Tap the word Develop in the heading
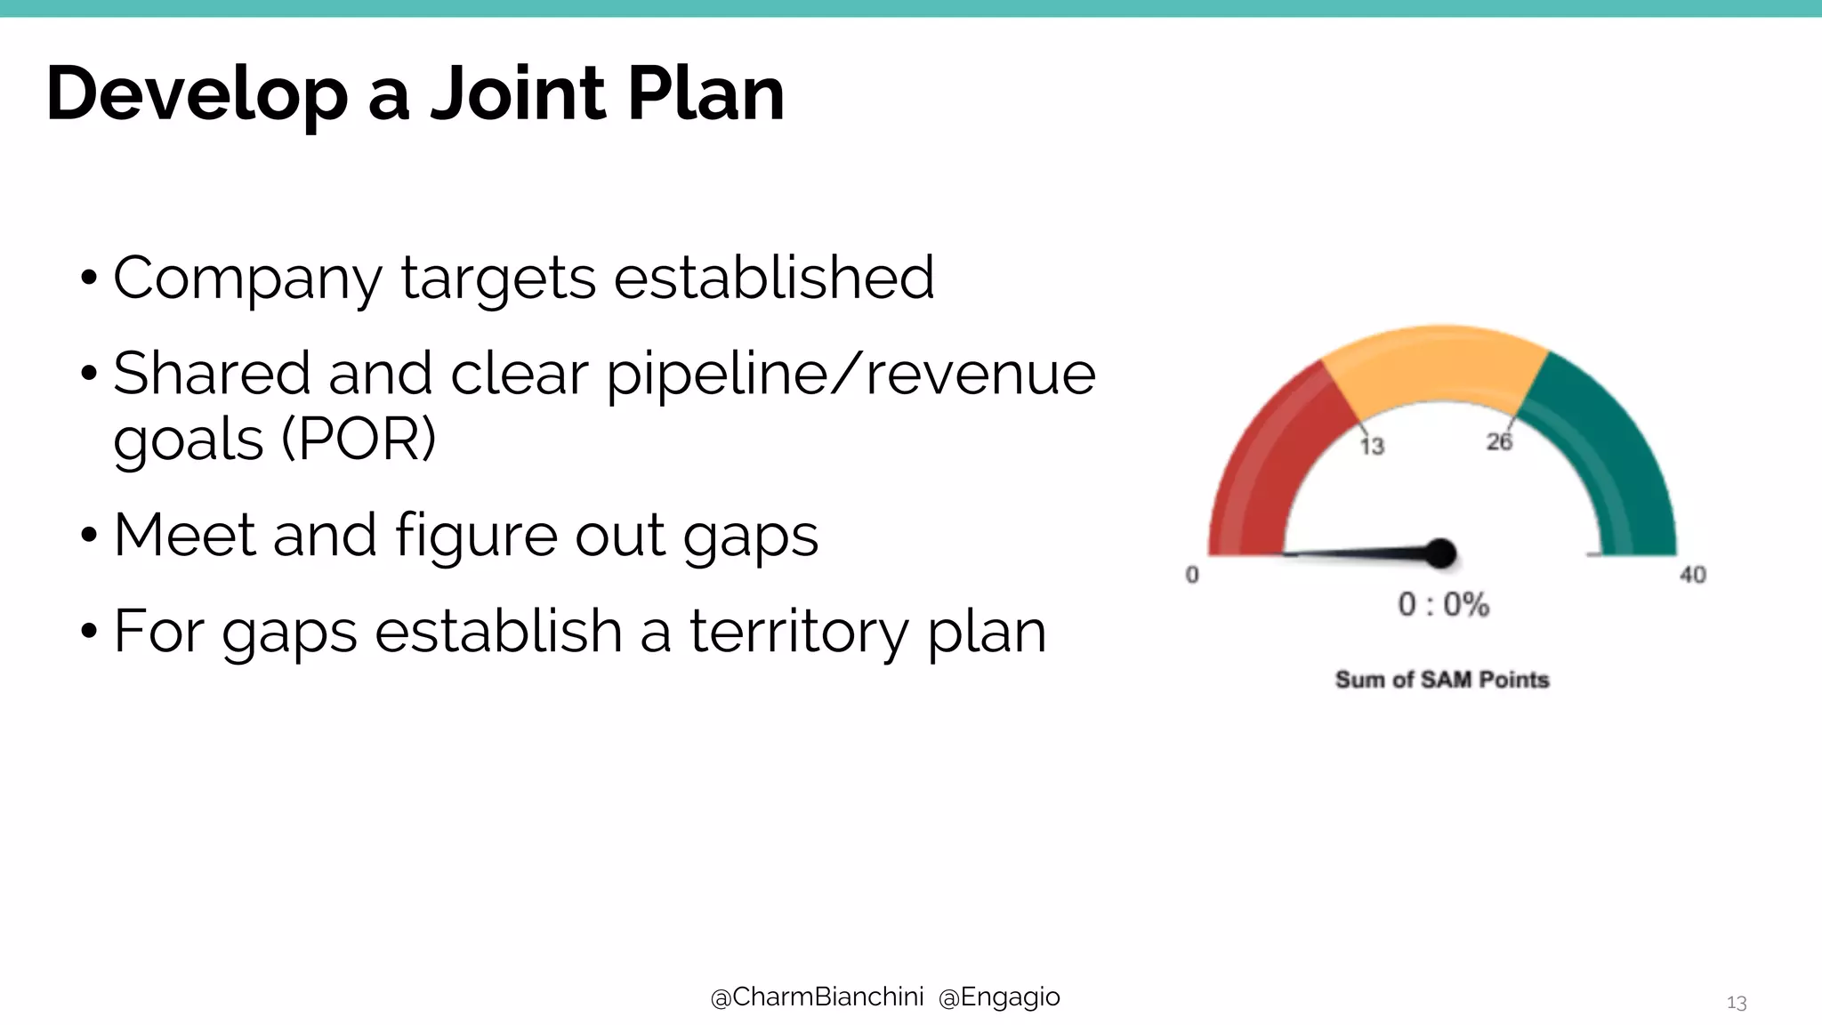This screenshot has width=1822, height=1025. point(197,95)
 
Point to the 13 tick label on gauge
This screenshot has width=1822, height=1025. point(1373,446)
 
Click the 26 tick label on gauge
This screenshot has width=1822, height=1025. point(1499,441)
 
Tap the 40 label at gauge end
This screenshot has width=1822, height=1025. point(1692,576)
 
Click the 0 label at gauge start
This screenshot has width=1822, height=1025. point(1192,575)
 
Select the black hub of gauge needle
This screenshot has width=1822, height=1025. point(1440,553)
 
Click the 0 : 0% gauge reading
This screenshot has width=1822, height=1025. point(1443,605)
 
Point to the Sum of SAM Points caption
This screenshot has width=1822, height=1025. point(1442,680)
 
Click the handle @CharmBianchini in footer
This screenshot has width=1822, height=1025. point(817,997)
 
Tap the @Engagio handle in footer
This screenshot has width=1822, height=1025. point(999,997)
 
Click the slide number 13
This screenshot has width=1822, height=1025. point(1736,1004)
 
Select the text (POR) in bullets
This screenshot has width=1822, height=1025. point(359,439)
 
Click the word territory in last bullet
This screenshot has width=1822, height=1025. point(799,631)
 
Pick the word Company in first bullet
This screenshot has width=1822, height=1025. point(247,278)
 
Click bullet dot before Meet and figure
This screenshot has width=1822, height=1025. point(88,537)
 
